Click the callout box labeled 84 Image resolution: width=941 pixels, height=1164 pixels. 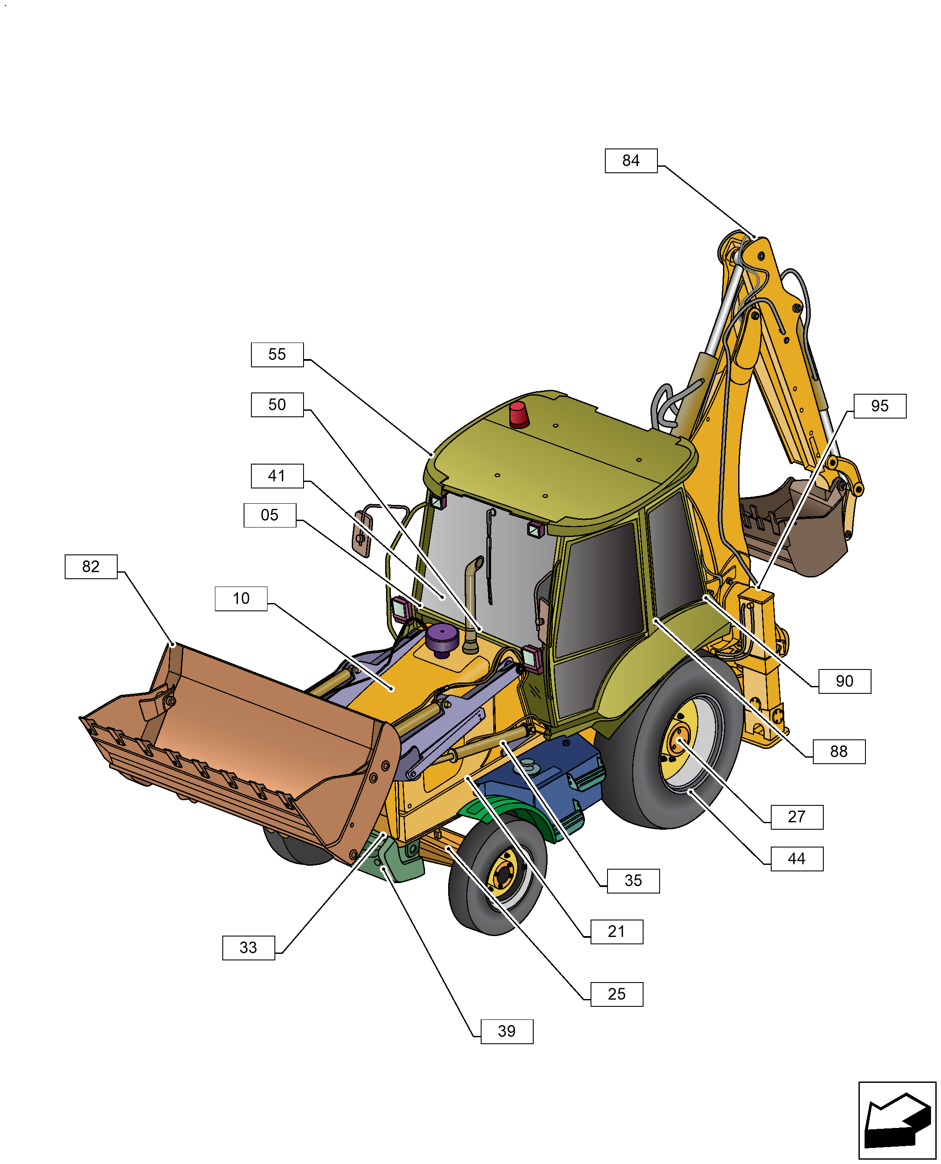point(631,161)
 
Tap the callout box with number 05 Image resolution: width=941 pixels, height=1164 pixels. point(269,515)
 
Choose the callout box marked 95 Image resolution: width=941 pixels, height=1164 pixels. point(879,406)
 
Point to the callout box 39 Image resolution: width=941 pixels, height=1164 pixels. point(506,1031)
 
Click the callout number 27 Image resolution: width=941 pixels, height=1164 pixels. point(796,817)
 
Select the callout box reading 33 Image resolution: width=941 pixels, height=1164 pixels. point(248,948)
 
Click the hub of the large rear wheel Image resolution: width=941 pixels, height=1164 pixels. point(677,742)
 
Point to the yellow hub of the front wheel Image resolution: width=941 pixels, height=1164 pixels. point(503,874)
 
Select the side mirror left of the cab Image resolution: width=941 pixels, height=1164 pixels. point(362,534)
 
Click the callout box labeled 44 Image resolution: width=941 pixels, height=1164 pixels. point(796,859)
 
